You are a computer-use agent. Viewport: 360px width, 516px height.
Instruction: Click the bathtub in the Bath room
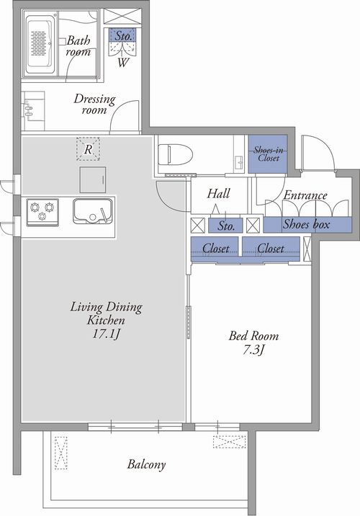(x=40, y=44)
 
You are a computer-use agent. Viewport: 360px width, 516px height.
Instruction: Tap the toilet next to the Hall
(x=175, y=154)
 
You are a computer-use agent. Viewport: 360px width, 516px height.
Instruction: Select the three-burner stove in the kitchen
(x=42, y=213)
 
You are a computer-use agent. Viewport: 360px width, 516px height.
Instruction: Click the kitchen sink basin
(x=92, y=211)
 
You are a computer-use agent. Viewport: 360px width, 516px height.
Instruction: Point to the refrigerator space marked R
(x=88, y=149)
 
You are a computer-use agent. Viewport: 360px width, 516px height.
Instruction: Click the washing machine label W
(x=123, y=63)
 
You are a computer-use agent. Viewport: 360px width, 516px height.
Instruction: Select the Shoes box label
(x=306, y=224)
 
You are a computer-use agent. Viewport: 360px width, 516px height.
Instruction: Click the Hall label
(x=218, y=193)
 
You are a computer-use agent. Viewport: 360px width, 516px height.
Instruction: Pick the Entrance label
(x=305, y=195)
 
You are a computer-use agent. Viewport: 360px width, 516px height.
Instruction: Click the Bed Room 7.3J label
(x=253, y=343)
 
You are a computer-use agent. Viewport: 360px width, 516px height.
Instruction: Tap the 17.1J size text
(x=106, y=334)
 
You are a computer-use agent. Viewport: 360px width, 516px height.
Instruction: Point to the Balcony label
(x=146, y=465)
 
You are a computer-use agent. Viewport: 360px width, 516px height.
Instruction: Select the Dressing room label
(x=94, y=104)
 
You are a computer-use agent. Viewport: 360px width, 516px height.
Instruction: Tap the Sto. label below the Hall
(x=227, y=226)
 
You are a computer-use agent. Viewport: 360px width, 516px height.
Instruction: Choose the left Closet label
(x=216, y=248)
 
